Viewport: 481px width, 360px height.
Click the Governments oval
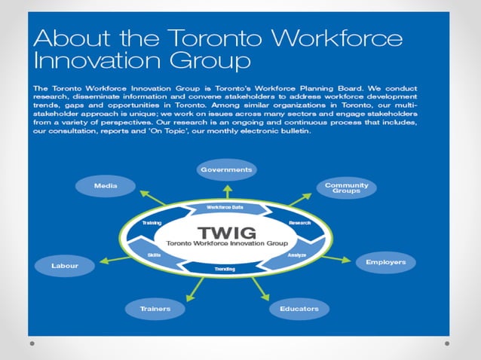coord(225,169)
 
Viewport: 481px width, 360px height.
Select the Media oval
coord(105,185)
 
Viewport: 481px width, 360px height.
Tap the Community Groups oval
coord(346,188)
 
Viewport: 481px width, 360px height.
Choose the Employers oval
coord(385,262)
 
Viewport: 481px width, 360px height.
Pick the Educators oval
coord(299,308)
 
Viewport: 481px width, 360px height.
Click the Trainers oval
coord(155,308)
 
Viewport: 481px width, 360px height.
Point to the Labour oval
coord(65,266)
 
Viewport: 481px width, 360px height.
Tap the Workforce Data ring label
coord(225,207)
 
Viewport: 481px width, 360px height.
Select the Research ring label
coord(299,223)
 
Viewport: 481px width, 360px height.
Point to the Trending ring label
coord(225,269)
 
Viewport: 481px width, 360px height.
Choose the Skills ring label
coord(154,255)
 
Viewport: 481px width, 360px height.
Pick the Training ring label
coord(152,223)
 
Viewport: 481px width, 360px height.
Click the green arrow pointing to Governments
coord(225,190)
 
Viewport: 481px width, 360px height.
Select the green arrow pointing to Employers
coord(336,259)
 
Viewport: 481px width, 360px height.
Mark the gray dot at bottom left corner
coord(32,343)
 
